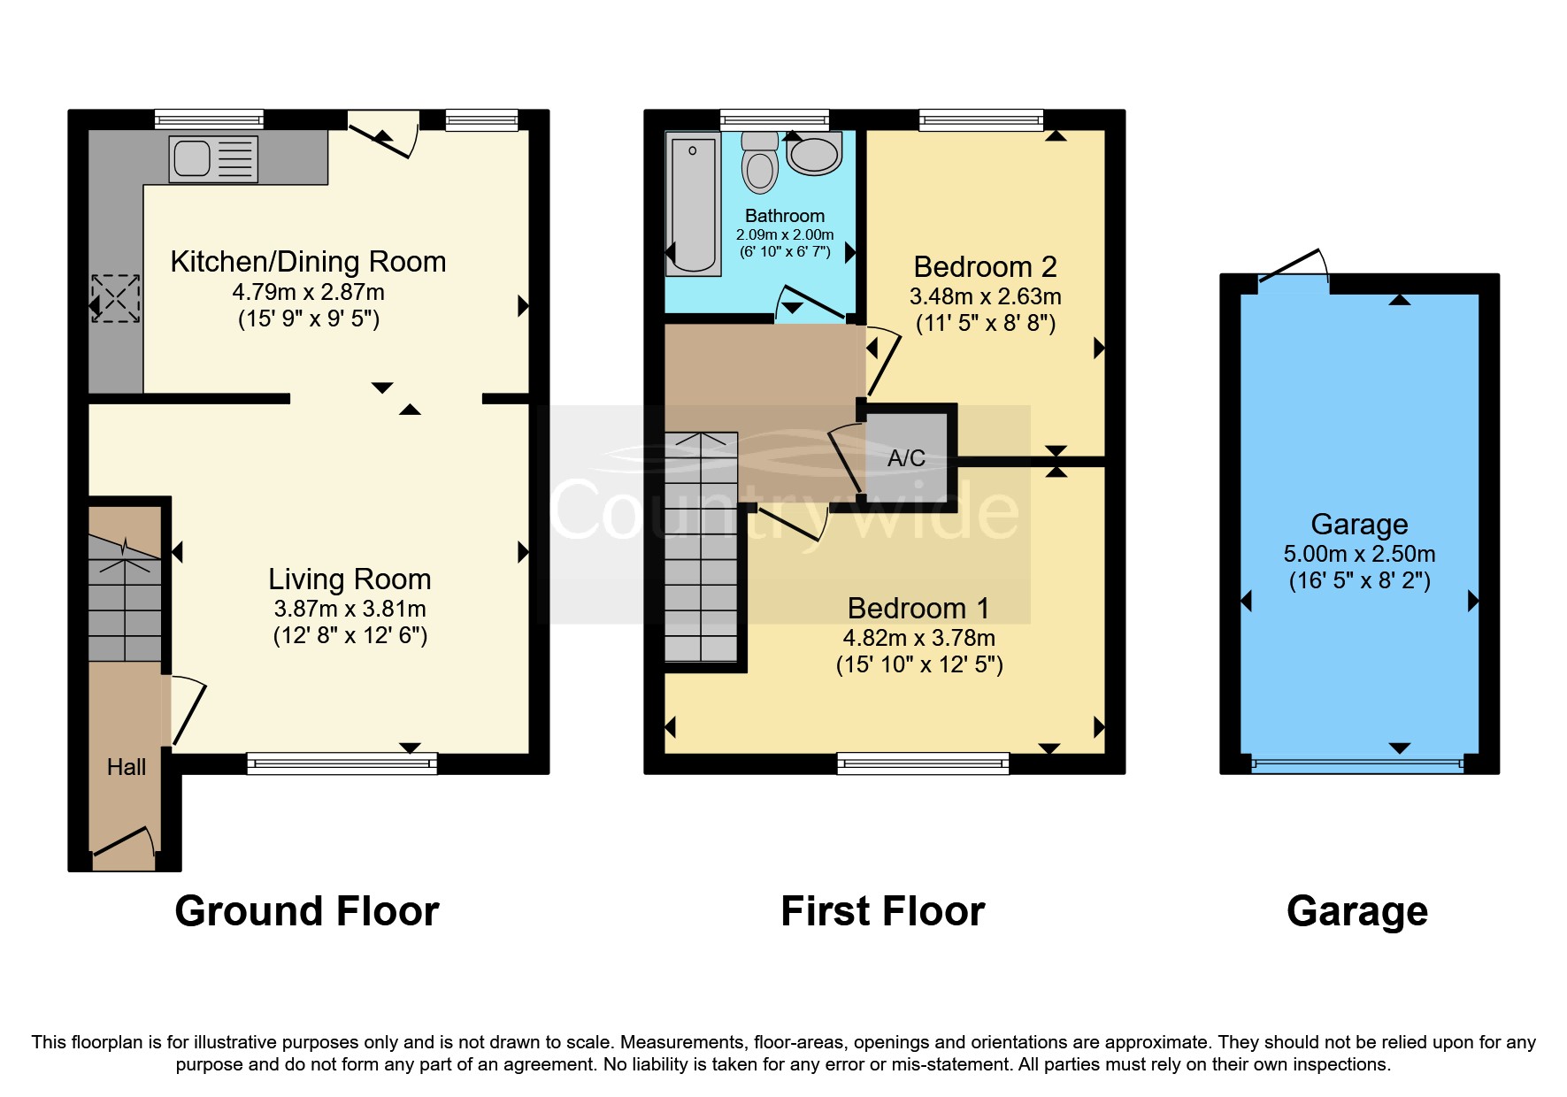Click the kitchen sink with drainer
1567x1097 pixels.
click(213, 159)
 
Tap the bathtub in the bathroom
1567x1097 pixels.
click(693, 203)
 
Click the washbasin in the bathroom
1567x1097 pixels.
click(814, 155)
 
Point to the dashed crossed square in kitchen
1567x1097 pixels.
click(116, 298)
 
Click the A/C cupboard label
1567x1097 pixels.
click(906, 458)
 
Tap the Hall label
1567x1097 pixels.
click(126, 767)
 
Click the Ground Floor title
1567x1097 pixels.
click(306, 911)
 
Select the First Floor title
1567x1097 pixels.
click(882, 911)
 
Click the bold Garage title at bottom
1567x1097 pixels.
click(1356, 911)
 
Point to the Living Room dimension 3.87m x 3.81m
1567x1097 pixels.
click(350, 609)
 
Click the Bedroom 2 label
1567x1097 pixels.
click(985, 266)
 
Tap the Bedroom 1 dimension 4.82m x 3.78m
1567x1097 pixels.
click(918, 638)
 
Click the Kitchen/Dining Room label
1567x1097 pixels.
click(308, 262)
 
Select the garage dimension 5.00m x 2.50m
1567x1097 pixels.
click(1359, 554)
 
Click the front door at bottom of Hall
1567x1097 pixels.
click(124, 841)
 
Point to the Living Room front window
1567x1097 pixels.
click(342, 763)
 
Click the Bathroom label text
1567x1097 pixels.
click(784, 216)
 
